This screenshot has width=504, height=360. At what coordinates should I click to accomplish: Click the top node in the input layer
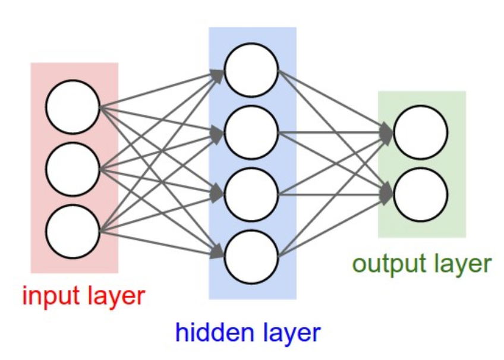[x=73, y=107]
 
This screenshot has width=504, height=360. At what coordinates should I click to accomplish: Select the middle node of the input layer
[x=73, y=169]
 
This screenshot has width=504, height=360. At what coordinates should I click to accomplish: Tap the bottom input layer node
[x=73, y=231]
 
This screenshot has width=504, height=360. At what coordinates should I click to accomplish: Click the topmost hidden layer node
[x=251, y=70]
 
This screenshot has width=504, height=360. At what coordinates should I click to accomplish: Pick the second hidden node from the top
[x=251, y=132]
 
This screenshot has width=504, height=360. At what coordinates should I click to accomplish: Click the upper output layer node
[x=421, y=132]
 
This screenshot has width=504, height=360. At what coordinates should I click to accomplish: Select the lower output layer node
[x=421, y=194]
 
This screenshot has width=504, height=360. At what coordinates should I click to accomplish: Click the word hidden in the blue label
[x=208, y=333]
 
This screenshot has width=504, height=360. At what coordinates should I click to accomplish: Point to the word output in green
[x=386, y=264]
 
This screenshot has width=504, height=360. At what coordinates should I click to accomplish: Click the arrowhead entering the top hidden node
[x=218, y=74]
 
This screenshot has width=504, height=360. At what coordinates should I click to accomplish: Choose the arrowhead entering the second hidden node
[x=218, y=134]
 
